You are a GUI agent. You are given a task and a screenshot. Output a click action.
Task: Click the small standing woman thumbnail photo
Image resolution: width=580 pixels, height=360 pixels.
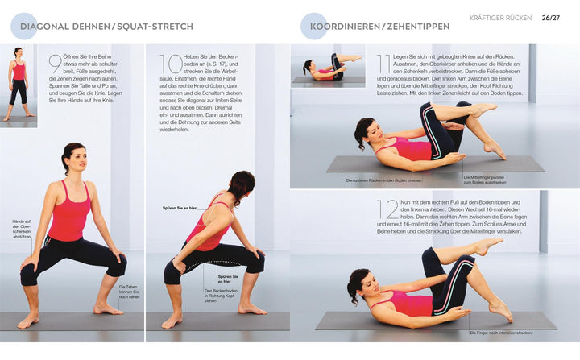click(x=18, y=85)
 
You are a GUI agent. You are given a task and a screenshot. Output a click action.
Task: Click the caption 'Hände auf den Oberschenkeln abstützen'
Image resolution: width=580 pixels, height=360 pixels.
click(x=21, y=229)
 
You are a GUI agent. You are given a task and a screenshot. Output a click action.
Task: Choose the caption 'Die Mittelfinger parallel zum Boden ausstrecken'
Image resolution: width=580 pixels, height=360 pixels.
click(x=487, y=179)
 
